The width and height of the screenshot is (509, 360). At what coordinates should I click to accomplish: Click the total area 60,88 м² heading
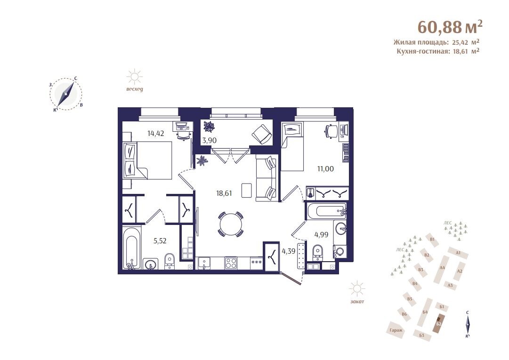(x=449, y=27)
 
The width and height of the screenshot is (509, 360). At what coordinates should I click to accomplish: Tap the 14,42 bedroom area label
(x=156, y=133)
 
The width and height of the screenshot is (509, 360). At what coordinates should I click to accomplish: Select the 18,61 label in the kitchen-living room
(x=224, y=193)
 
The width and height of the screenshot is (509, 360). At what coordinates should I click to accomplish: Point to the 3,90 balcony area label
(x=210, y=140)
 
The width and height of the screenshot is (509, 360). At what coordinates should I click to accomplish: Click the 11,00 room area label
(x=325, y=168)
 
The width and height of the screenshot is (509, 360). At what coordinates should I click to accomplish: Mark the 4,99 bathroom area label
(x=322, y=234)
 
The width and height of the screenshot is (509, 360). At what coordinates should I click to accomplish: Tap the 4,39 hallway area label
(x=289, y=251)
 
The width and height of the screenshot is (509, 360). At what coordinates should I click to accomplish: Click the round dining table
(x=230, y=224)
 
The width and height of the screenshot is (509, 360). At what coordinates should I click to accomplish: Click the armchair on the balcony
(x=262, y=135)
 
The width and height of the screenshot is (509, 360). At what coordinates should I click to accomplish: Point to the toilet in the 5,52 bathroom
(x=169, y=261)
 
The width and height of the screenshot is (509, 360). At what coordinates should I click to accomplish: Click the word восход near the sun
(x=134, y=89)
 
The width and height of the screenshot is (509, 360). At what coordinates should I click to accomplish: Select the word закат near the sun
(x=357, y=301)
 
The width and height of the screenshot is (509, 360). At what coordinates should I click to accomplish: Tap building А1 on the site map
(x=458, y=253)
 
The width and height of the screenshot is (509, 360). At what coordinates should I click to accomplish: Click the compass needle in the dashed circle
(x=65, y=94)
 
